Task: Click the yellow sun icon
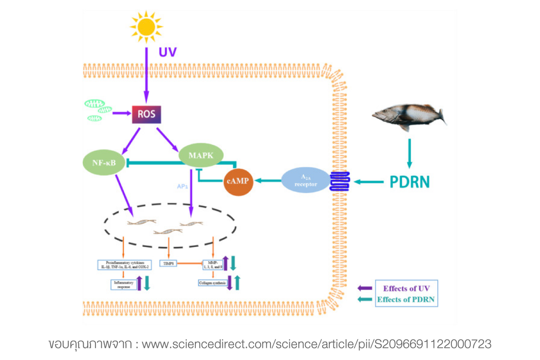pyautogui.click(x=145, y=24)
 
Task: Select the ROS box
pyautogui.click(x=146, y=114)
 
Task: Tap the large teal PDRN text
pyautogui.click(x=409, y=182)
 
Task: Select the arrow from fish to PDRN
pyautogui.click(x=409, y=153)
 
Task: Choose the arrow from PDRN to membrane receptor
pyautogui.click(x=370, y=182)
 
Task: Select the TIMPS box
pyautogui.click(x=168, y=263)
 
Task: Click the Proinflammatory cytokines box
pyautogui.click(x=124, y=265)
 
